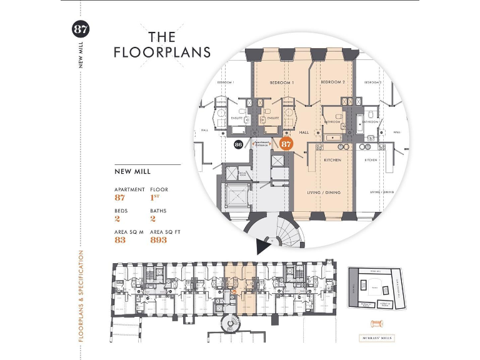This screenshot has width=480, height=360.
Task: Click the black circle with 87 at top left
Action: tap(81, 29)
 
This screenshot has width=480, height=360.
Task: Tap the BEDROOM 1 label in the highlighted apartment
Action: tap(282, 82)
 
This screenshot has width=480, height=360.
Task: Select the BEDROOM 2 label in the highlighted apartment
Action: tap(332, 82)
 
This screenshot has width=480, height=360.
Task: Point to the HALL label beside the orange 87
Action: tap(304, 132)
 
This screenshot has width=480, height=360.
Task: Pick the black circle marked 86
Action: tap(238, 144)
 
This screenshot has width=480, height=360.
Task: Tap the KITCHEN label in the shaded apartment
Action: tap(332, 160)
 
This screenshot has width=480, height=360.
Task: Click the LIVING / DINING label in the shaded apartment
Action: tap(323, 192)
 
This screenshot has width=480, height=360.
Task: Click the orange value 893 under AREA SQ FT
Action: tap(159, 239)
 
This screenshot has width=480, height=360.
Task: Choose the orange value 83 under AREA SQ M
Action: tap(120, 239)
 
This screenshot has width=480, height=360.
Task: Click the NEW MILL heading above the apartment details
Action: tap(132, 171)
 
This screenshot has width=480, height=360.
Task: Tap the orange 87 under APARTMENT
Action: tap(120, 197)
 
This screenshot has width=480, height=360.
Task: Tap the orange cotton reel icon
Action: tap(376, 323)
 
